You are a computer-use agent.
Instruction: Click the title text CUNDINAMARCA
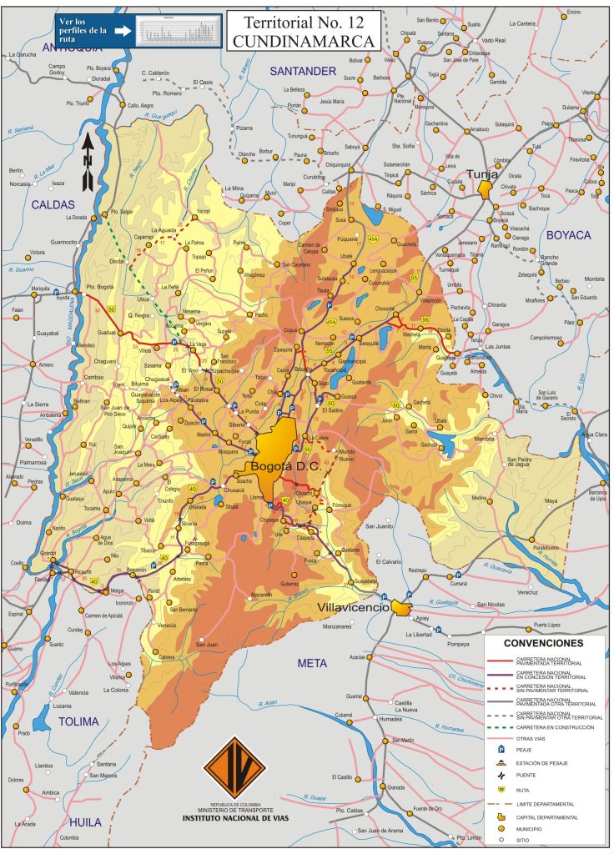pos(304,40)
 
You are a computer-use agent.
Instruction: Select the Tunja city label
pos(481,175)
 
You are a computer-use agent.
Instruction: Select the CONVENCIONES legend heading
pos(543,644)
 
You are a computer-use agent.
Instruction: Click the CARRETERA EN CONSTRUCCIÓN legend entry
pos(555,727)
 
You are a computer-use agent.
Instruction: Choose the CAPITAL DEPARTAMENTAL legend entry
pos(546,817)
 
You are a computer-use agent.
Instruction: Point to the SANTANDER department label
pos(302,72)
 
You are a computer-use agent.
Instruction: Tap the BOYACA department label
pos(568,235)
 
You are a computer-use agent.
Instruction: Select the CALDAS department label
pos(53,204)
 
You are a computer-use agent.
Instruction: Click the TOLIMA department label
pos(78,721)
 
